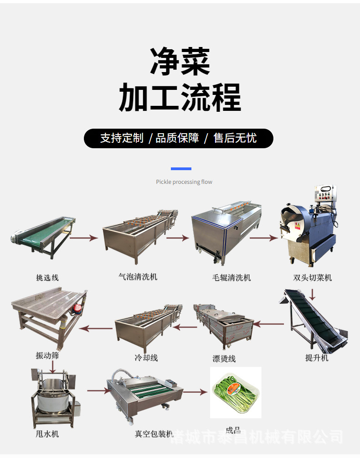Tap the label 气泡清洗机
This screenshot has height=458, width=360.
point(138,276)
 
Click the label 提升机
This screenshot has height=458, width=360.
point(317,358)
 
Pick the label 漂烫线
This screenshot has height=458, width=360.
point(224,359)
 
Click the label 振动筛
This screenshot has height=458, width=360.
point(47,355)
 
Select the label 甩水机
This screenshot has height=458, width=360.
point(47,434)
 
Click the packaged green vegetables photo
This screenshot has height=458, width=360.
point(236,393)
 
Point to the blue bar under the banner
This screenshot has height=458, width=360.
point(180,169)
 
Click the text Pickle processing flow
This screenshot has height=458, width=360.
point(184,182)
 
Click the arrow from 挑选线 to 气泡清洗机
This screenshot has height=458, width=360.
point(87,238)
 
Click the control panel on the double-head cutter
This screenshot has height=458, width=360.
point(324,196)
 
